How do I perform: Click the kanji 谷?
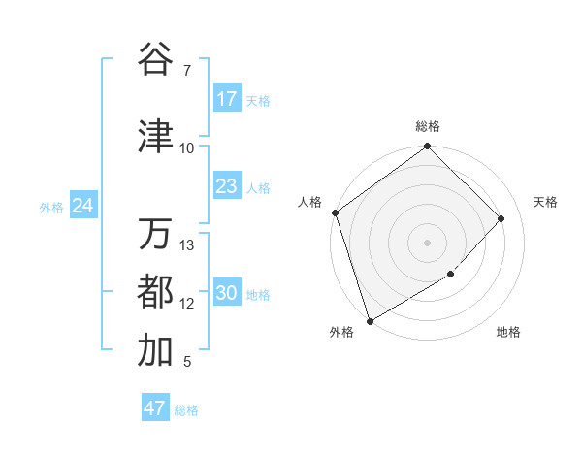(155, 59)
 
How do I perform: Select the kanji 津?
(155, 137)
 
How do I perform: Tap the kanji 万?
(155, 234)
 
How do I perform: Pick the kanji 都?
(155, 292)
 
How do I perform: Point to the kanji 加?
(155, 351)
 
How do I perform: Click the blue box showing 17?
(227, 99)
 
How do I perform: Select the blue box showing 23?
(227, 186)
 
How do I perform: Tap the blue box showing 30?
(227, 293)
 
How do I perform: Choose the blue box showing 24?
(83, 206)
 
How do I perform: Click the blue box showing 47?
(155, 408)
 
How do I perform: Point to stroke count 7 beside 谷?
(187, 71)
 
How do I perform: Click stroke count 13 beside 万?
(187, 245)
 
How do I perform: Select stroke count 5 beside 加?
(187, 363)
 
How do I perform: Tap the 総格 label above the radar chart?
(428, 126)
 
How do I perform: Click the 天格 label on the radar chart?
(546, 202)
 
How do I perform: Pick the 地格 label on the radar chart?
(508, 333)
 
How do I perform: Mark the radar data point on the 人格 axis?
(335, 212)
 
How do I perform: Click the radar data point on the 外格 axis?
(369, 320)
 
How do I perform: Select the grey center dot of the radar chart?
(427, 242)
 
